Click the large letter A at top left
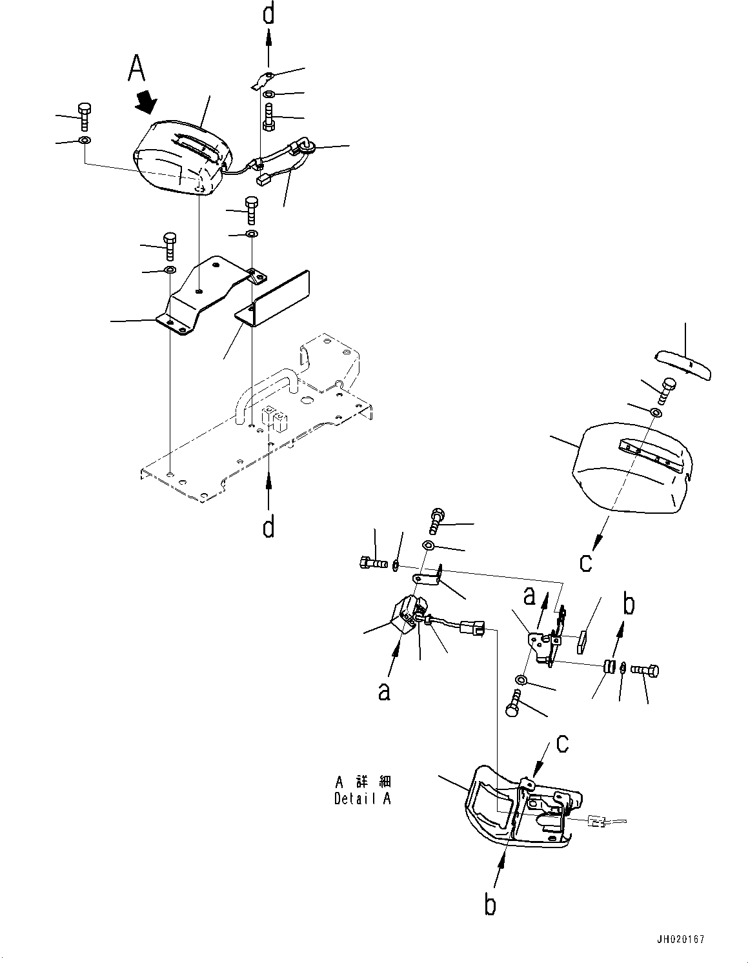point(137,68)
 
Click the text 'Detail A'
point(362,798)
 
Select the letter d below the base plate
point(268,527)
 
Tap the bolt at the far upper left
point(84,116)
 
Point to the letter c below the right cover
point(585,562)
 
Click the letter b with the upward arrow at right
point(628,605)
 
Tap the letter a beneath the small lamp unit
point(384,692)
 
